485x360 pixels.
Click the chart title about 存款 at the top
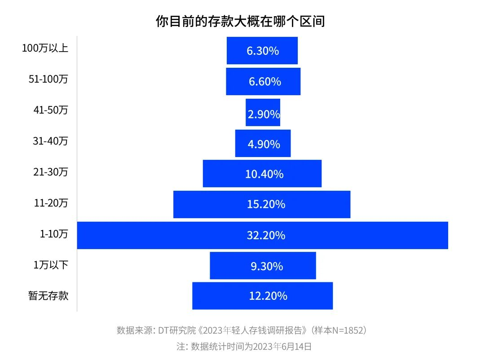[240, 21]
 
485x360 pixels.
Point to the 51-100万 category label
[48, 79]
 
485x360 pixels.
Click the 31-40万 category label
[50, 141]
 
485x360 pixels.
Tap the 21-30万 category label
[50, 171]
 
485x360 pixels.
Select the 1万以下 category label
[51, 265]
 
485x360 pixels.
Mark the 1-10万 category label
[54, 233]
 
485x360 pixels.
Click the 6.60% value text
[265, 82]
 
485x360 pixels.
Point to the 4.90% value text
[264, 144]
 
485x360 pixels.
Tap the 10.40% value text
[264, 174]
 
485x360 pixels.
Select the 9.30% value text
[267, 266]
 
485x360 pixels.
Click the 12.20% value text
[268, 296]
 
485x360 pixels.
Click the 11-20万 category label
[50, 203]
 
